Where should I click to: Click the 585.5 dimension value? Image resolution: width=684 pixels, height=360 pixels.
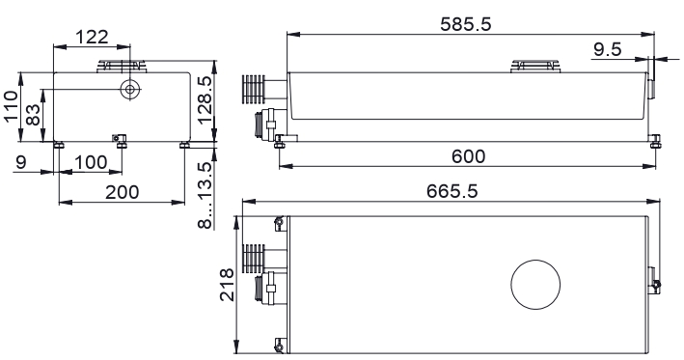pos(465,24)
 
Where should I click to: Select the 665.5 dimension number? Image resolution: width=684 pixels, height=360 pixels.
pos(451,191)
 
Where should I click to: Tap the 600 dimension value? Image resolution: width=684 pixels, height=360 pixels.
pos(468,156)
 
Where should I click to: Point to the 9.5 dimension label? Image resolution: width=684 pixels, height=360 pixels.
pos(607,49)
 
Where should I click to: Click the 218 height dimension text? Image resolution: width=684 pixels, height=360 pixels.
pos(228,285)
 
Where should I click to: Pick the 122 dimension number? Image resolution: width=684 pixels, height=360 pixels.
pos(92,37)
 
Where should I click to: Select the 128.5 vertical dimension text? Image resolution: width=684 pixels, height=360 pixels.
pos(205,100)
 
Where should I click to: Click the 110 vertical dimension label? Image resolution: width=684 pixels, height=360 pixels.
pos(11,106)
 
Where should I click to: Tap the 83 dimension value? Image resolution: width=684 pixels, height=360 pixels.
pos(33,115)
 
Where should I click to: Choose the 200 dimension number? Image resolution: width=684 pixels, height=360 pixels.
pos(123,192)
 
